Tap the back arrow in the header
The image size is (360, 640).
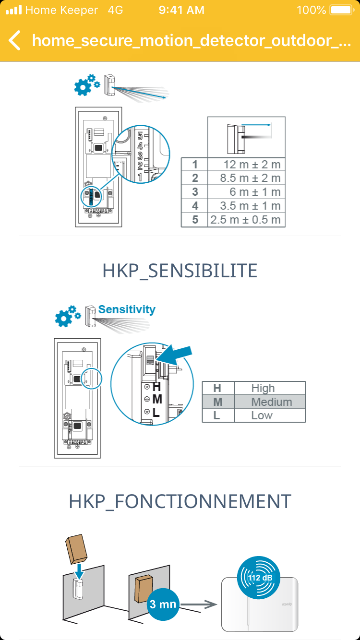pos(14,40)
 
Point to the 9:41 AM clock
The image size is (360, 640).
pos(181,10)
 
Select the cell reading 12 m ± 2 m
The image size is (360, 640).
pos(246,165)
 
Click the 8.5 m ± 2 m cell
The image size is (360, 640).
pos(246,178)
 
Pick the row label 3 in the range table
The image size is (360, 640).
pos(195,192)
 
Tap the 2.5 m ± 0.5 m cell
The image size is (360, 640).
pos(246,220)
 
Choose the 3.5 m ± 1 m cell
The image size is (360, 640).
pos(246,206)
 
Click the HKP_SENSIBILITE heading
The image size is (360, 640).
pos(180,271)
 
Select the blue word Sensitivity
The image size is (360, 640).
pos(127,309)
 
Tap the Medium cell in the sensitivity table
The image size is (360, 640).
pos(270,402)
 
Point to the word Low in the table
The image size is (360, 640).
pos(262,415)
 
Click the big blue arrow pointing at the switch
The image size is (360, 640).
pos(174,354)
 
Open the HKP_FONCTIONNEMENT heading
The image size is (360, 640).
pos(180,501)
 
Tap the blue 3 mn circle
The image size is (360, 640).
pos(163,604)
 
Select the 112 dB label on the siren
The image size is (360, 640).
pos(260,578)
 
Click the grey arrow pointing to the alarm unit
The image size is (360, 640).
pos(198,604)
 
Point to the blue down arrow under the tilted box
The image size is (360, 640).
pos(79,571)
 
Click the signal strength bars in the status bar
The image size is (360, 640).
pos(14,10)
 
